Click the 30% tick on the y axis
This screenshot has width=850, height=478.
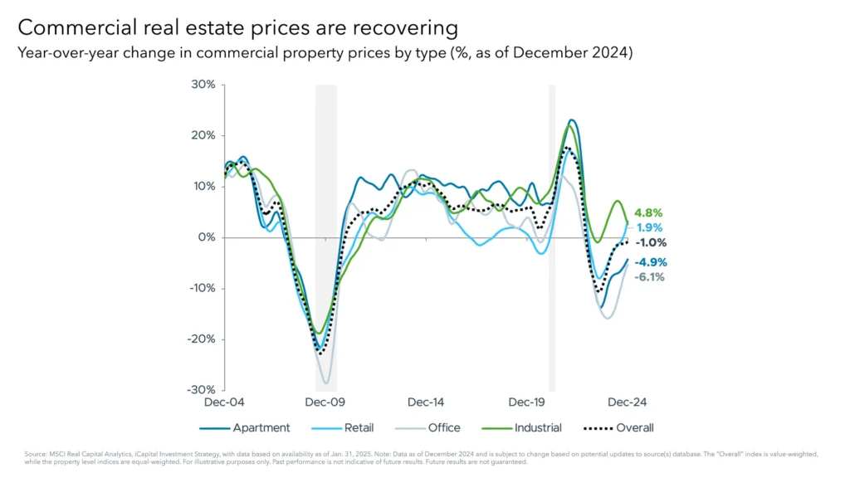[204, 85]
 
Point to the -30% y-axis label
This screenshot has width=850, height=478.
[202, 390]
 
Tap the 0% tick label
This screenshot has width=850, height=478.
[207, 237]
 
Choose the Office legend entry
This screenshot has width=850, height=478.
[442, 428]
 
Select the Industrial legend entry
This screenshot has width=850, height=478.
[537, 428]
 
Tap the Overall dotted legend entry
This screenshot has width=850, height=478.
[635, 428]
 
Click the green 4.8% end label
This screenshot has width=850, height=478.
[650, 212]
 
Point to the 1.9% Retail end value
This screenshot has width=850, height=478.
[650, 227]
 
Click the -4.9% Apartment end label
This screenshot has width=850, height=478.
[650, 262]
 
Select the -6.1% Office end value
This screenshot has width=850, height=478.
[650, 277]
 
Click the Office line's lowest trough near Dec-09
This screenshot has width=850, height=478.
[326, 383]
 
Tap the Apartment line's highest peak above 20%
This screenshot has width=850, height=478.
[572, 120]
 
